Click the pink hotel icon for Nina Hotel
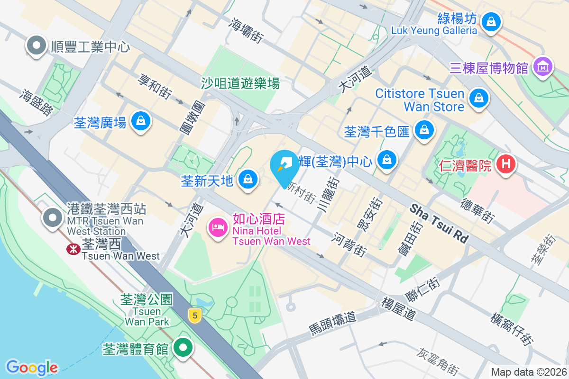(218, 227)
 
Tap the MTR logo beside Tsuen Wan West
(73, 247)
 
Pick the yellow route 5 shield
(193, 315)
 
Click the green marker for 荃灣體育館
(183, 348)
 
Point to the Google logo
(32, 367)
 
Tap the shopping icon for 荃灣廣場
(141, 121)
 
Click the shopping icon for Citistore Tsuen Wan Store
(478, 99)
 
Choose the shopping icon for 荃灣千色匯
(424, 129)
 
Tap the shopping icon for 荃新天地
(248, 179)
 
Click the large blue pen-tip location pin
(284, 167)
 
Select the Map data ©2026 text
(528, 372)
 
